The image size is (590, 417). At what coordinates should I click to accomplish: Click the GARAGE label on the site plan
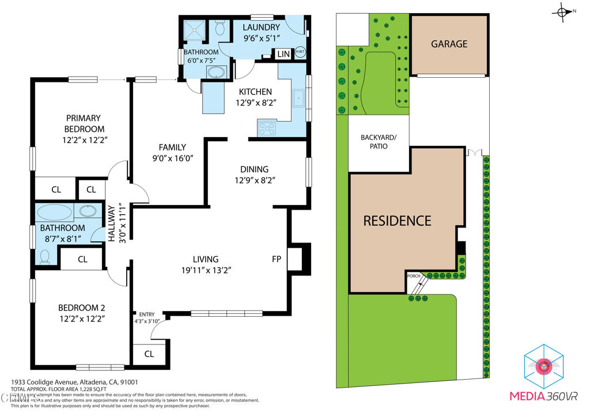(x=449, y=44)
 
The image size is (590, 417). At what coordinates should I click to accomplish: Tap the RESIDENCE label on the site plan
(x=397, y=221)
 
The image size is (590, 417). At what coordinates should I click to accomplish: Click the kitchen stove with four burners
(x=267, y=127)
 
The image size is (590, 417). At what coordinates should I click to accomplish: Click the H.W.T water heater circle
(x=300, y=52)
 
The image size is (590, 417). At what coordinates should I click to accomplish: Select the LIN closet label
(x=283, y=54)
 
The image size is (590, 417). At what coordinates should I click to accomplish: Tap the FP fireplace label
(x=277, y=259)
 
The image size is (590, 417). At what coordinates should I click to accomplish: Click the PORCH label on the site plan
(x=414, y=276)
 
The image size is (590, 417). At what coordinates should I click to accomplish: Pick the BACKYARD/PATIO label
(x=379, y=142)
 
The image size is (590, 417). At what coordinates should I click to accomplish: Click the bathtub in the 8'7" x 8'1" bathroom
(x=55, y=212)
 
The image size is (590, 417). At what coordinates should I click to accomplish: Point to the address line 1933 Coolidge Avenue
(x=74, y=382)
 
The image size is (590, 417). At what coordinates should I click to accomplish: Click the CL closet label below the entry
(x=149, y=354)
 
